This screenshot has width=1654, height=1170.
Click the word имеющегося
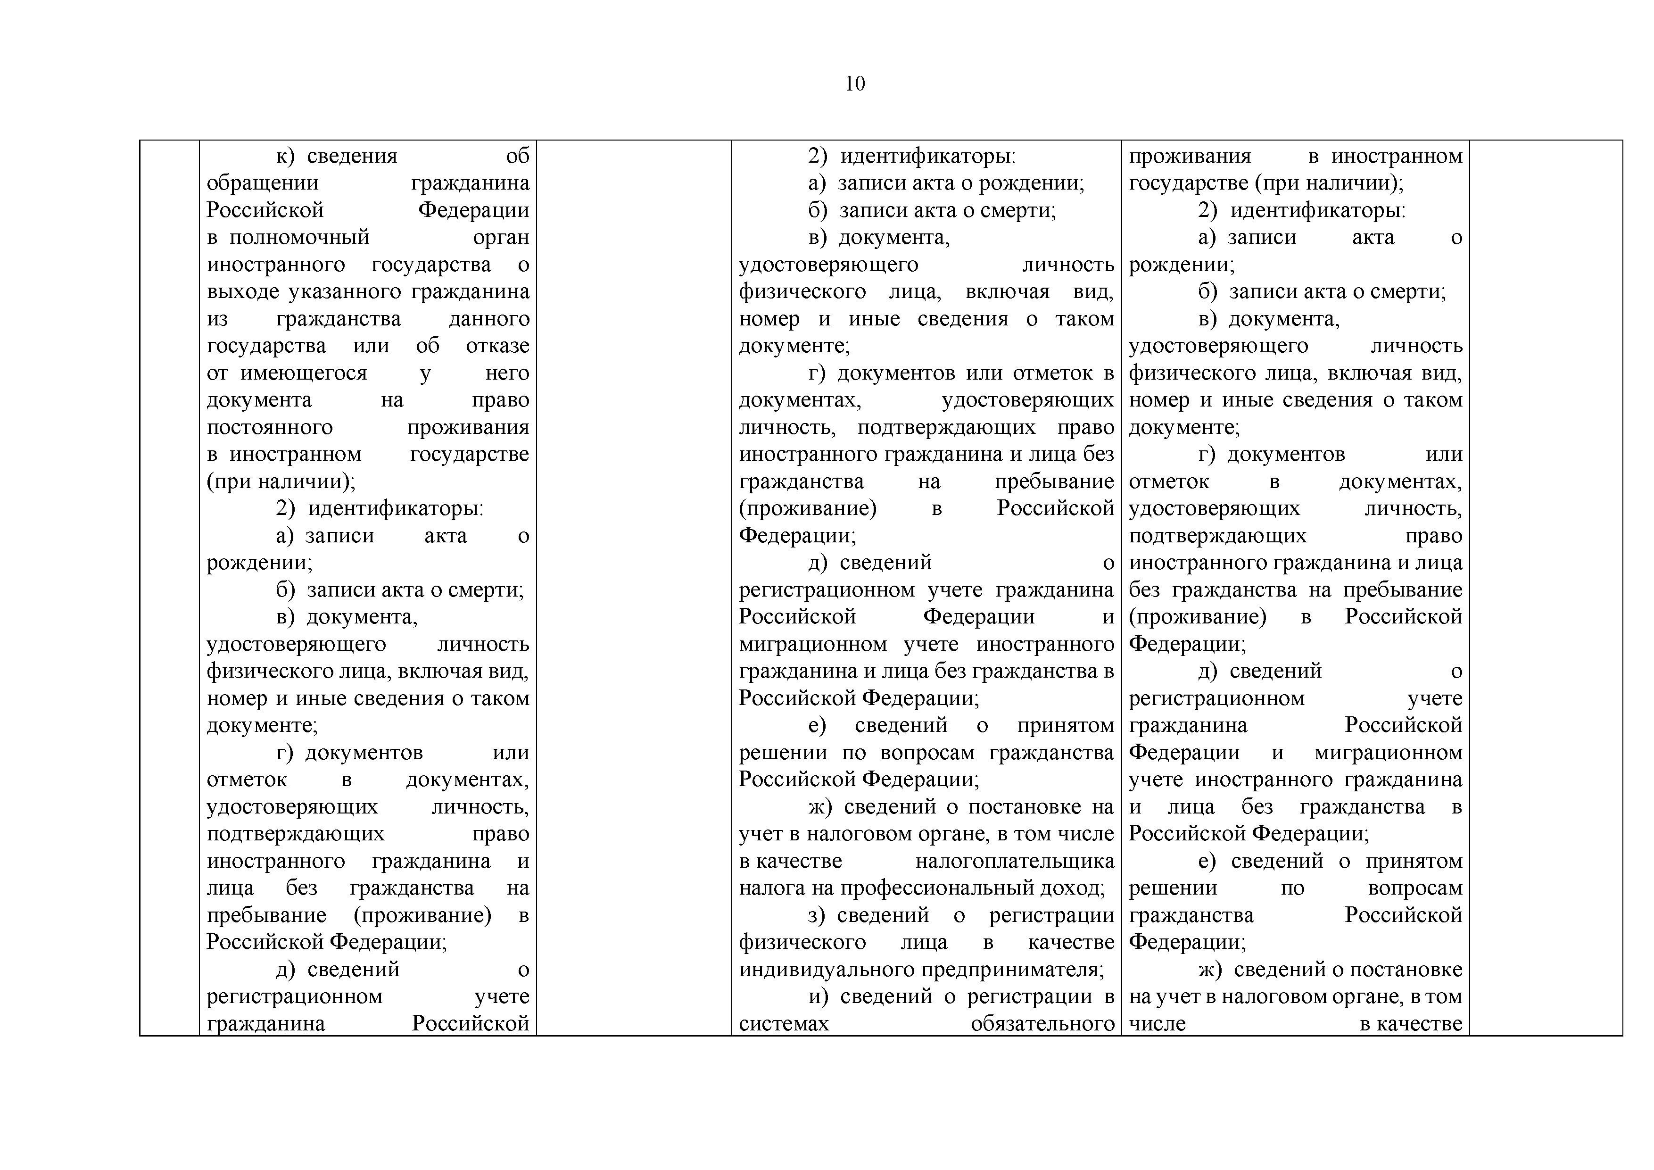click(303, 373)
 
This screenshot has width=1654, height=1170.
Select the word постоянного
click(269, 427)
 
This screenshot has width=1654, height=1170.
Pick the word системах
click(784, 1024)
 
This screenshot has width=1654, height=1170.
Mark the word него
click(507, 373)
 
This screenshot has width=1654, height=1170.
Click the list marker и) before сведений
click(818, 996)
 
